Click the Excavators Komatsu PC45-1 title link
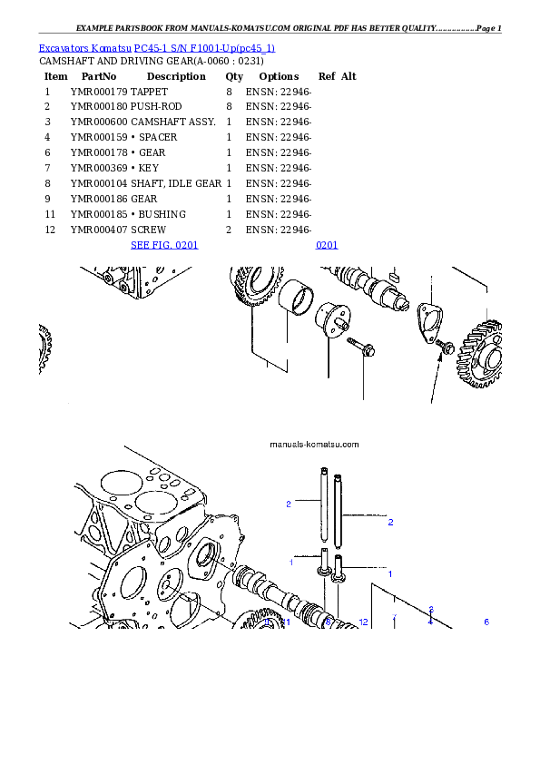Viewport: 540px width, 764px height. pos(156,47)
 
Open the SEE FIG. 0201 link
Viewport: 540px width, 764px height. pos(164,245)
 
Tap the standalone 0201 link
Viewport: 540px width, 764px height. pos(327,245)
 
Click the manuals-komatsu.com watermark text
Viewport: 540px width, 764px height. pos(315,445)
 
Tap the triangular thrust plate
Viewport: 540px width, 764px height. pos(427,321)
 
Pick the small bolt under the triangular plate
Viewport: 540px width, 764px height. pos(445,347)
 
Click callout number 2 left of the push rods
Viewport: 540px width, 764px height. pos(288,504)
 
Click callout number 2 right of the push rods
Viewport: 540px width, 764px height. pos(390,523)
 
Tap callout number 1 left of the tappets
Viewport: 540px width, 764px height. pos(291,563)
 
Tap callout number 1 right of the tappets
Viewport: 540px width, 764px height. pos(390,574)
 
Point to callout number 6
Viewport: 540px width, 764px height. pos(486,622)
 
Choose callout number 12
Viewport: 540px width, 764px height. pos(363,622)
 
